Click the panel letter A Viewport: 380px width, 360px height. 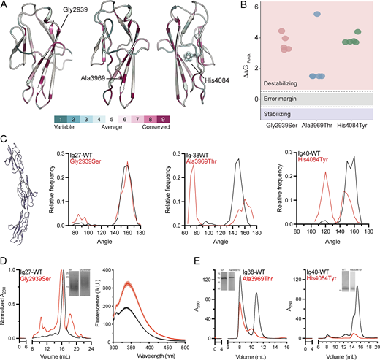pos(5,6)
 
